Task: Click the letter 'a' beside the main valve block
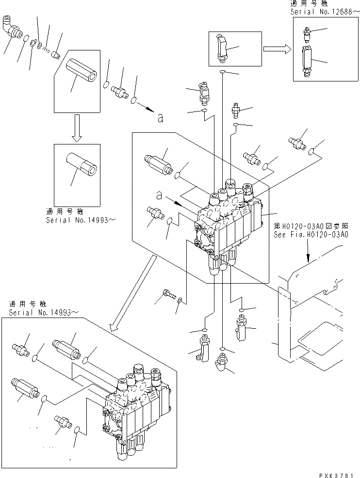(158, 196)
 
